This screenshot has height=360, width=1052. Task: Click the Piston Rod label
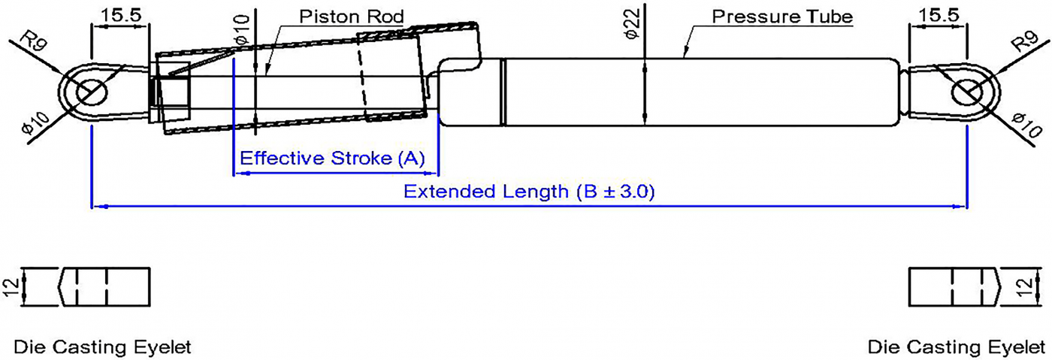click(352, 17)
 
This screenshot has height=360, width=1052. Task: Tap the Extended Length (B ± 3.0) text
click(529, 192)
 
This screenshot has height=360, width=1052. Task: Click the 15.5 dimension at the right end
click(937, 14)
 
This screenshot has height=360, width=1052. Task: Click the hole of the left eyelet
click(91, 93)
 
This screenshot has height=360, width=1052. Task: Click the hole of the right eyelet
click(966, 93)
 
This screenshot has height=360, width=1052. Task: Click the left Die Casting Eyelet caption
click(102, 347)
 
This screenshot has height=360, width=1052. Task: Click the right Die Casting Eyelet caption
click(955, 347)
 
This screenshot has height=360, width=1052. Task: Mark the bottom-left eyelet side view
click(104, 286)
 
